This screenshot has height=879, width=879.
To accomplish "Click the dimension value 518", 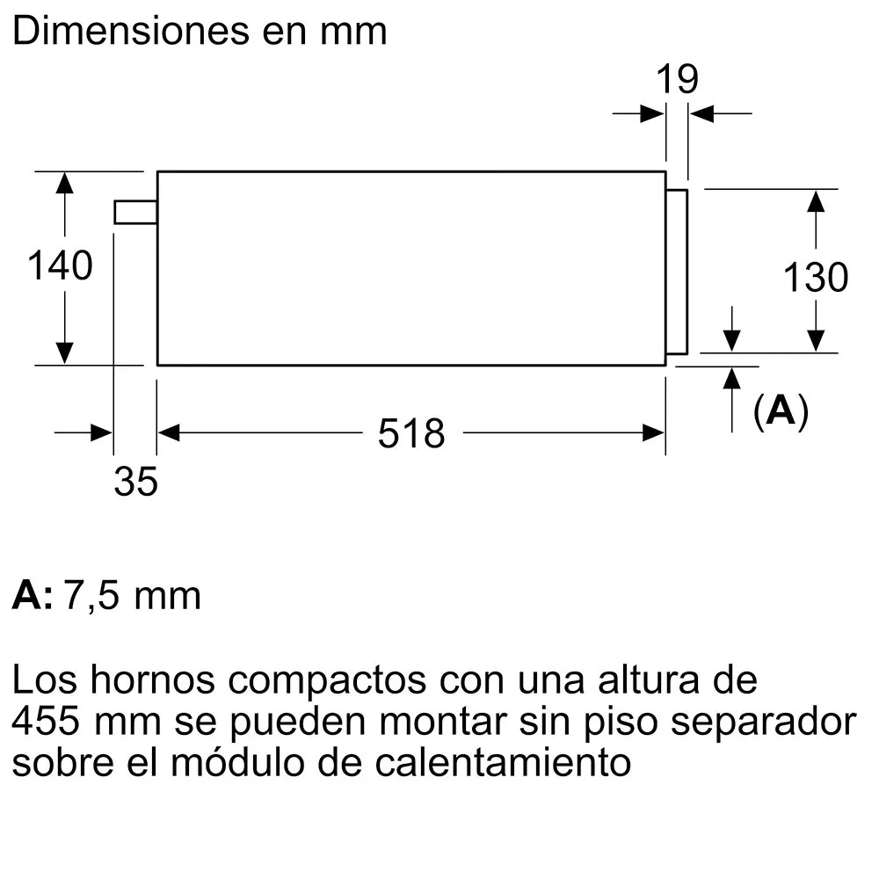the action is [411, 433].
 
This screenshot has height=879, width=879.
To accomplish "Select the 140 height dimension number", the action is [60, 265].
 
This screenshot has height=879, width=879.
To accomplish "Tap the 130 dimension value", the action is [816, 278].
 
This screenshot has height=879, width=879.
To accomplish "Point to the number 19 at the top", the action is [677, 79].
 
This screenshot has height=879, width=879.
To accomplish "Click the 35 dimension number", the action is [135, 482].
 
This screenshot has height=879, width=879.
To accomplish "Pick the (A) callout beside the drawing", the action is [781, 410].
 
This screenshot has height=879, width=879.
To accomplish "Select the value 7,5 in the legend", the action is [91, 595].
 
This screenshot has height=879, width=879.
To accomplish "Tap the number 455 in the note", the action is [46, 721].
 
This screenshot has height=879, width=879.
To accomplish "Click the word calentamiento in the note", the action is [503, 762].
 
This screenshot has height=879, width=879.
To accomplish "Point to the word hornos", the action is [152, 679].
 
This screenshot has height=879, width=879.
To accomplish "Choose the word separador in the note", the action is [764, 723].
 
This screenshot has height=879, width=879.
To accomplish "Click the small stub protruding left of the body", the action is [135, 212].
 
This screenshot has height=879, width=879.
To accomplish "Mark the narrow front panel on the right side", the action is [677, 272].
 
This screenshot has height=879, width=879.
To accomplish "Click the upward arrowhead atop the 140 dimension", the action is [64, 183].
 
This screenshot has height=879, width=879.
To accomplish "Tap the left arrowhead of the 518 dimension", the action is [169, 432].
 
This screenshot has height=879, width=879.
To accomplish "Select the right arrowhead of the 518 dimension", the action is [654, 432].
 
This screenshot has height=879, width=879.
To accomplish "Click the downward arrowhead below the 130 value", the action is [816, 341].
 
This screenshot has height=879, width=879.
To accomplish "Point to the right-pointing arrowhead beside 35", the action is [101, 432].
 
